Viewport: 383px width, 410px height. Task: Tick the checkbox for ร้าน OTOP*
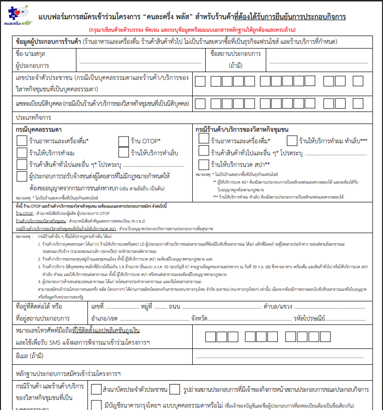(124, 141)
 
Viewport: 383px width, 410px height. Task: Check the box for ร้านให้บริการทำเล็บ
(124, 153)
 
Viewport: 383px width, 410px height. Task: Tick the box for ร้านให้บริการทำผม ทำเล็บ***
(292, 141)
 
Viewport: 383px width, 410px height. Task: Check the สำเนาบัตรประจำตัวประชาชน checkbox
(96, 389)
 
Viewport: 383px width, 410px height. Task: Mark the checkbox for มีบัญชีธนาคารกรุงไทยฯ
(96, 404)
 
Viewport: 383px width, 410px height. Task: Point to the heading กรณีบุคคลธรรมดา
(38, 130)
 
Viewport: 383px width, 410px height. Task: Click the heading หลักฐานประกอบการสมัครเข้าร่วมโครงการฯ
(68, 373)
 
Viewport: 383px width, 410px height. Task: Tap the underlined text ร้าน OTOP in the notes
(24, 213)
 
